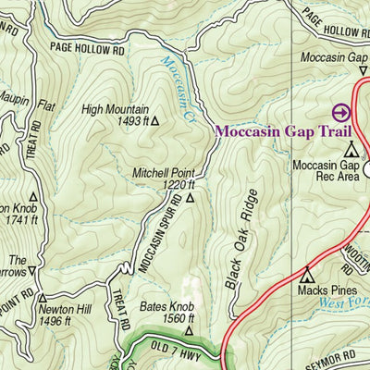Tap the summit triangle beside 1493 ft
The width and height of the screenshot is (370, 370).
point(155,120)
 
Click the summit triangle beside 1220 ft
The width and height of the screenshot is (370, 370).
point(191,197)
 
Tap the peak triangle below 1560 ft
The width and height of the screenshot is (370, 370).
point(189,330)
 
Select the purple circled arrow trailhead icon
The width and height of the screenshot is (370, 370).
point(341,112)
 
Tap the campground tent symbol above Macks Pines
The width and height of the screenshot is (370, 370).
point(309,275)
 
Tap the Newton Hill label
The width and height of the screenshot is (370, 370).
point(63,309)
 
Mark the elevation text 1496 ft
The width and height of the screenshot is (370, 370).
point(55,321)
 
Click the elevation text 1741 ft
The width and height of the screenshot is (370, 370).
point(17,220)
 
